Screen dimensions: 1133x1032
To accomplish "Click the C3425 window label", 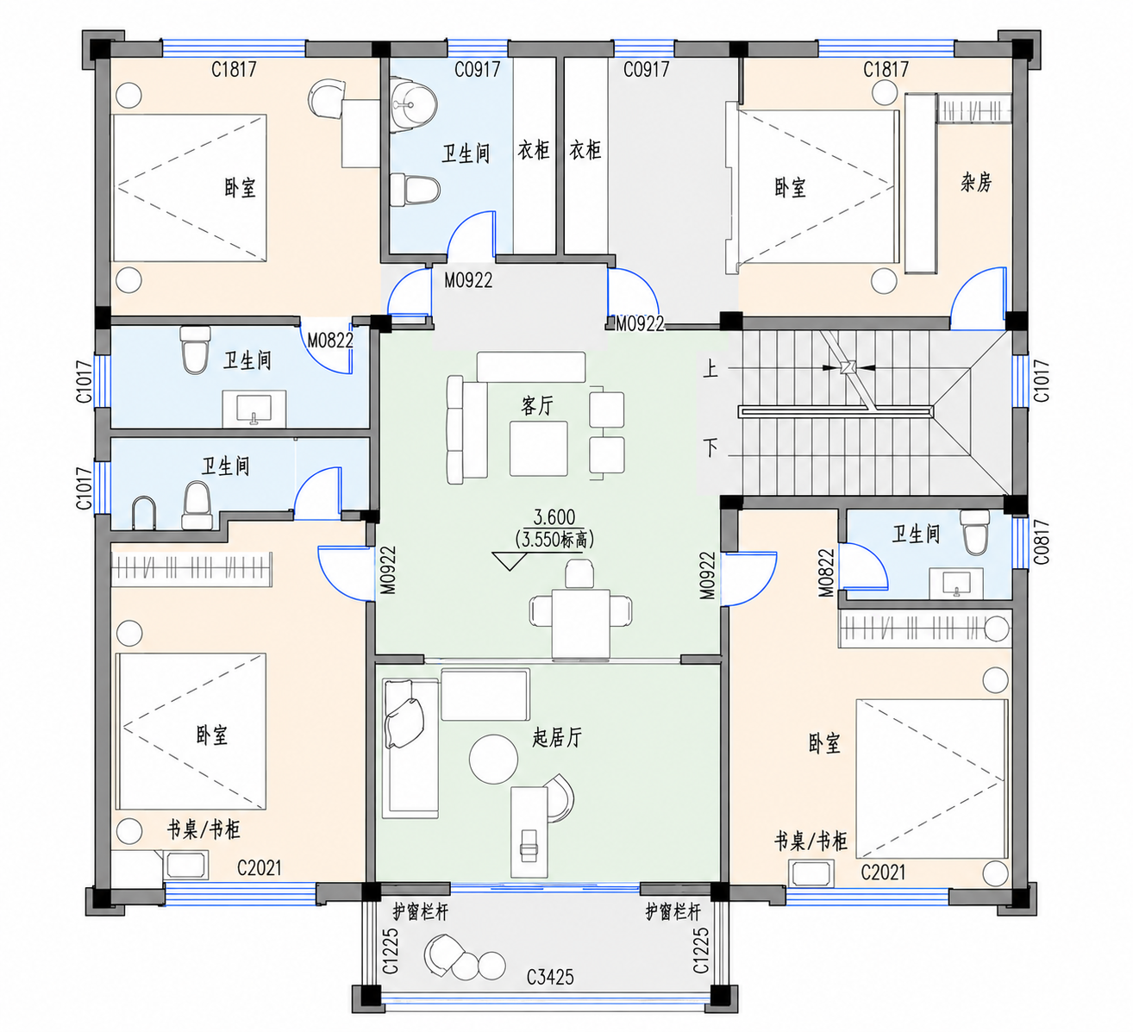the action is pos(549,977).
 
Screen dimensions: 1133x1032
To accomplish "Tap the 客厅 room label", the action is pos(536,405).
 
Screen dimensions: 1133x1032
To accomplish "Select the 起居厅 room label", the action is pos(557,737).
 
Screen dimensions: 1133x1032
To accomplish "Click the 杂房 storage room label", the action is pos(976,183).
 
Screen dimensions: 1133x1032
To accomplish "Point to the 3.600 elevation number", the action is pos(554,516).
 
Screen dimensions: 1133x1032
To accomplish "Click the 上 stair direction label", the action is pos(710,369).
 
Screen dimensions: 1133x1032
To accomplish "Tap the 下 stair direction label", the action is pos(710,448).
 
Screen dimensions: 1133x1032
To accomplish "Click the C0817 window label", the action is pos(1041,542).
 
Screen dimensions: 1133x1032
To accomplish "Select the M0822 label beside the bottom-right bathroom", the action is pos(826,572).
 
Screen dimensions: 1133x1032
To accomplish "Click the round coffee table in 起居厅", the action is pos(494,759).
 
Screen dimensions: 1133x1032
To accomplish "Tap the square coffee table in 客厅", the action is pos(538,448).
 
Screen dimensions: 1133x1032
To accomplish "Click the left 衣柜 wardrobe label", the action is pos(533,150).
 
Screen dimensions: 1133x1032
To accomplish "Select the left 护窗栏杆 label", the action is pos(420,911).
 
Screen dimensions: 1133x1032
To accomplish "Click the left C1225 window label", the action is pos(391,951).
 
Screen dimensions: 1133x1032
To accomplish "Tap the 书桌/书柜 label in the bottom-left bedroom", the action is pos(203,829).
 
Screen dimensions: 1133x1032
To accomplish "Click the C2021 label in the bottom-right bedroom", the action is pos(883,873).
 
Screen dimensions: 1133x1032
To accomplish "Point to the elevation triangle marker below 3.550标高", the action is pos(510,561).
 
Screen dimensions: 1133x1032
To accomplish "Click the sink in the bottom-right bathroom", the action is pos(956,584).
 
